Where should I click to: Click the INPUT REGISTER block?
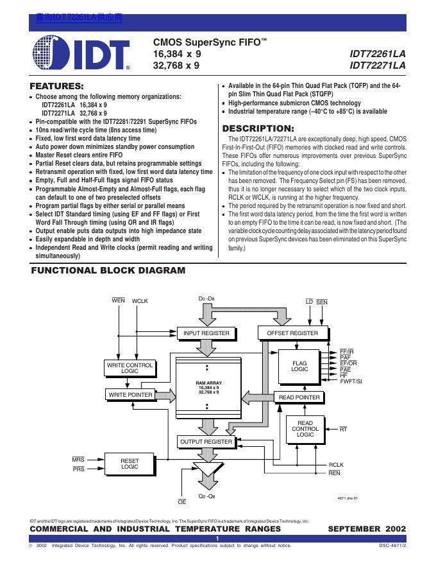click(x=206, y=333)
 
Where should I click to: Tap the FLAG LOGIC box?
click(x=299, y=366)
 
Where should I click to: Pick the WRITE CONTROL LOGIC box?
click(x=130, y=368)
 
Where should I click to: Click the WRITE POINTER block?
click(x=130, y=394)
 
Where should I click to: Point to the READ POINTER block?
click(x=299, y=397)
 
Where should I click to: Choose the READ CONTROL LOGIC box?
click(x=305, y=429)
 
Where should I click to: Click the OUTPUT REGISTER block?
click(x=206, y=442)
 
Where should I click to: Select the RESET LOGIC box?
click(x=130, y=464)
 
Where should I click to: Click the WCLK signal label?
click(x=140, y=301)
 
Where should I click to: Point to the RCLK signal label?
click(x=336, y=464)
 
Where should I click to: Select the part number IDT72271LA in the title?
click(x=378, y=65)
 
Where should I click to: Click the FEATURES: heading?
click(x=57, y=86)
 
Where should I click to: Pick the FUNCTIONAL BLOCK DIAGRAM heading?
click(x=108, y=271)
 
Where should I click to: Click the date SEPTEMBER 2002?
click(x=367, y=528)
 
